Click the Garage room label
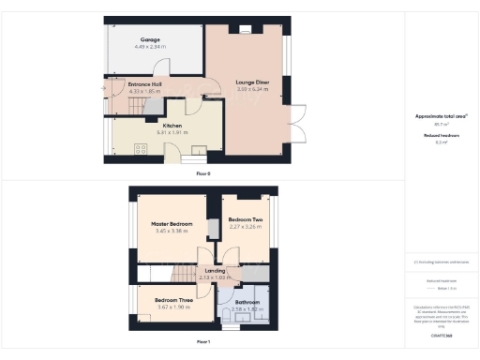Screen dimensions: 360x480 coord(150,40)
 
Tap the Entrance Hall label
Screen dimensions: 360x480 coord(145,84)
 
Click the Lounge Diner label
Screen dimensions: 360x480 coord(248,83)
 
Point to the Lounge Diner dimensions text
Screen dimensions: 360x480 coord(248,90)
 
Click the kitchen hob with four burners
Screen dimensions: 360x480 coord(142,147)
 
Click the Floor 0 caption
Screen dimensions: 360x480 coord(203,174)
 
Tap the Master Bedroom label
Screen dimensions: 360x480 coord(172,225)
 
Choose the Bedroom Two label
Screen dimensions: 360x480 coord(245,219)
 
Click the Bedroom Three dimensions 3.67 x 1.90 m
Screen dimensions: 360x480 coord(172,307)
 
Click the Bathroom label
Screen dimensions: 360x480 coord(247,302)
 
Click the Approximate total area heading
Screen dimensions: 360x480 coord(442,116)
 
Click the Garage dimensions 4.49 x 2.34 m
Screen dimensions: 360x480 coord(150,46)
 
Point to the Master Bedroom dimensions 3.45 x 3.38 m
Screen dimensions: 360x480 coord(172,232)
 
